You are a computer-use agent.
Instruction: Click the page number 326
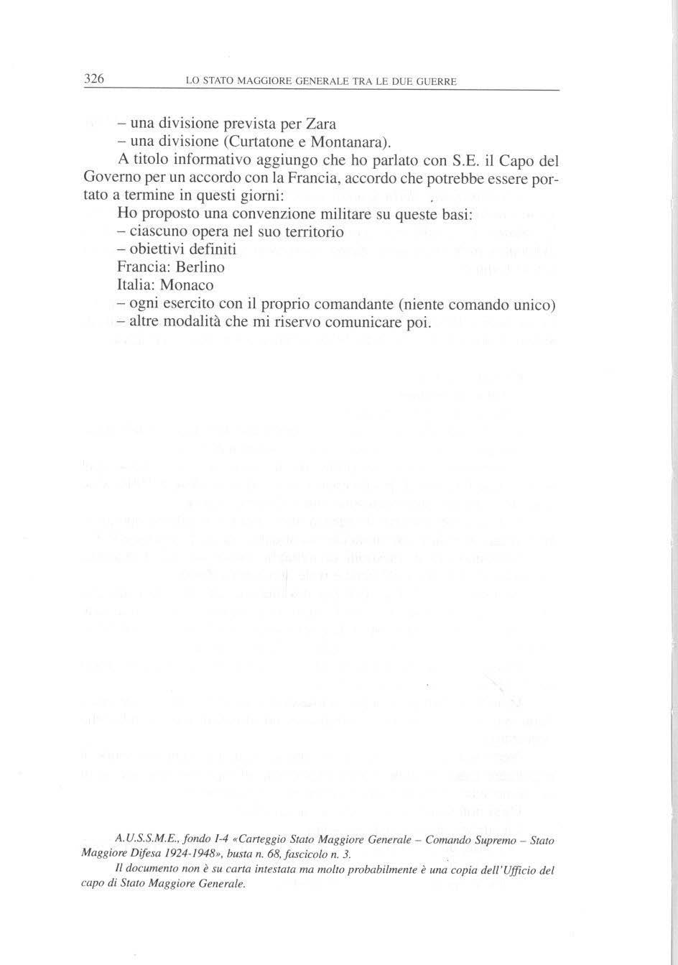pyautogui.click(x=95, y=79)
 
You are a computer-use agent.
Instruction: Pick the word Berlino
pyautogui.click(x=200, y=267)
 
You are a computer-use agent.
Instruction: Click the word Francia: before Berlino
pyautogui.click(x=144, y=267)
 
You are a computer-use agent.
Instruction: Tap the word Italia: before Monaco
pyautogui.click(x=136, y=285)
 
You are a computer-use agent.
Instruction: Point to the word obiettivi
pyautogui.click(x=156, y=249)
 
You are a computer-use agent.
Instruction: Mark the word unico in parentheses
pyautogui.click(x=534, y=304)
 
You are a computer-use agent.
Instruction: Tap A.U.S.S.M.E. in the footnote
pyautogui.click(x=144, y=839)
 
